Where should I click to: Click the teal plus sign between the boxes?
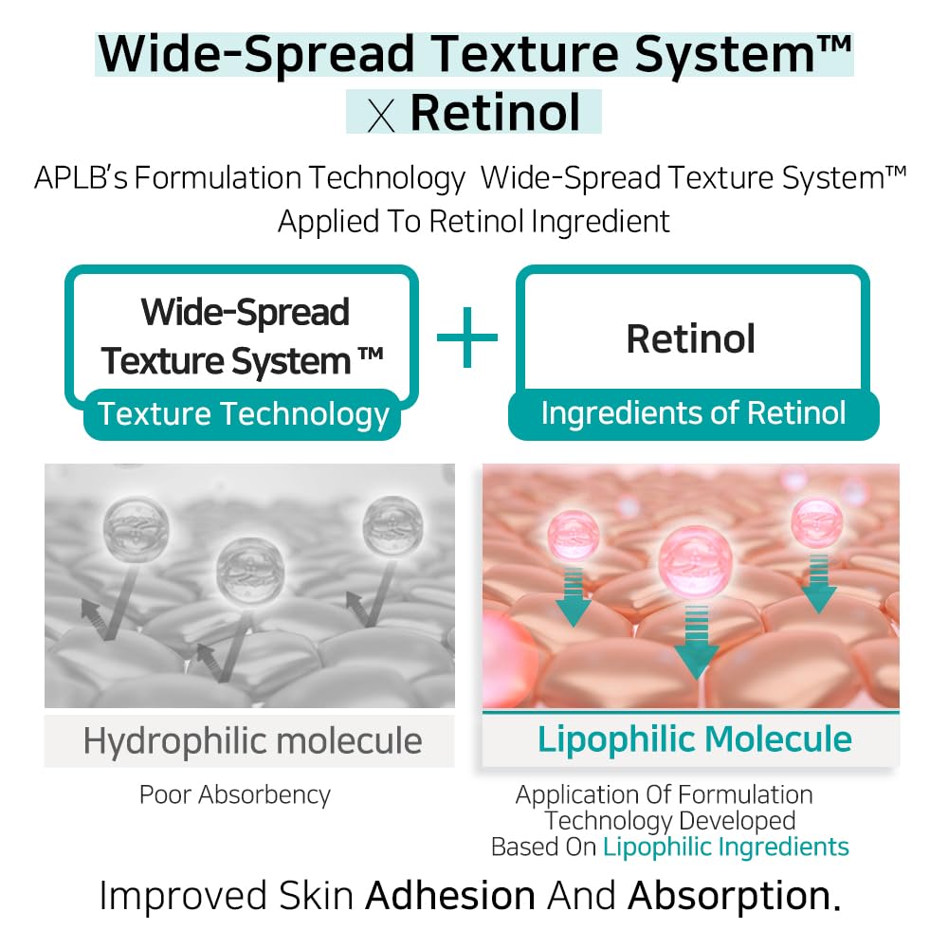tap(466, 337)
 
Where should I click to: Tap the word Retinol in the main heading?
tap(495, 112)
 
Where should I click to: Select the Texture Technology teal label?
tap(244, 414)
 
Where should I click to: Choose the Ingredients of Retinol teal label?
tap(693, 413)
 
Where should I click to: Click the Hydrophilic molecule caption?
tap(252, 740)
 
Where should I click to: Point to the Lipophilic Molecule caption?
tap(695, 739)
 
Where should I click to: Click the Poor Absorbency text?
tap(235, 794)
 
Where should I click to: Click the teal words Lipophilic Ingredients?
tap(726, 847)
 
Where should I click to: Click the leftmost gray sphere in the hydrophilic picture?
tap(136, 524)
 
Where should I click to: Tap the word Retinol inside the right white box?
tap(691, 338)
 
